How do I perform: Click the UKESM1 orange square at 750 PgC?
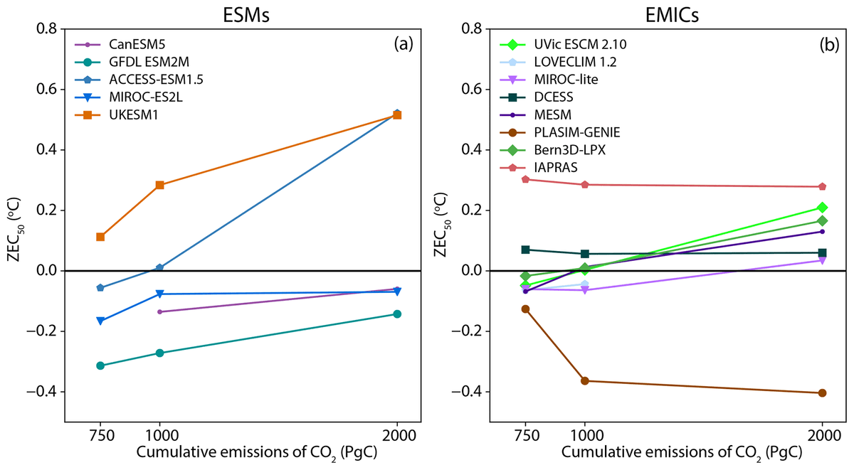click(100, 237)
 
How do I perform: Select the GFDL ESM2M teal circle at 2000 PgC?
click(397, 314)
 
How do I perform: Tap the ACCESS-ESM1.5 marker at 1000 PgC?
click(159, 267)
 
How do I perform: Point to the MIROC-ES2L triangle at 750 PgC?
click(100, 321)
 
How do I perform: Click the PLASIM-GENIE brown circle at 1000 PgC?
click(585, 381)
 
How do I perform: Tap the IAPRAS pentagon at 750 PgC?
click(525, 179)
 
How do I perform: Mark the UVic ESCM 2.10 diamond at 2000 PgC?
click(823, 208)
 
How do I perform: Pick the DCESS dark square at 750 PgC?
click(525, 250)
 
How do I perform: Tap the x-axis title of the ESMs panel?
click(242, 453)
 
